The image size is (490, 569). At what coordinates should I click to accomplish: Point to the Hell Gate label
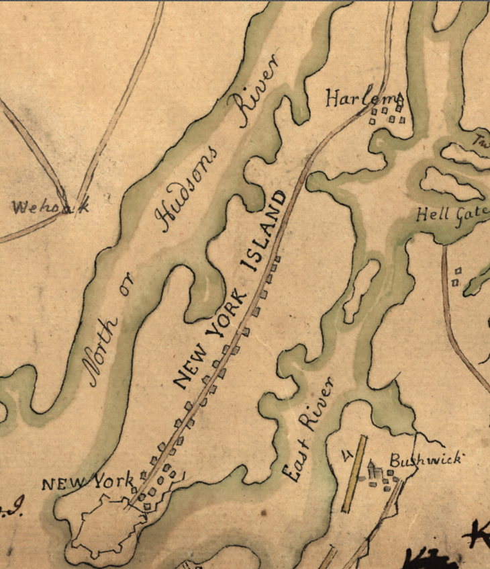pyautogui.click(x=452, y=216)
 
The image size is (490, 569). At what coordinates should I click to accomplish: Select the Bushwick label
pyautogui.click(x=426, y=460)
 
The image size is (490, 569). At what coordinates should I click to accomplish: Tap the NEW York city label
pyautogui.click(x=87, y=483)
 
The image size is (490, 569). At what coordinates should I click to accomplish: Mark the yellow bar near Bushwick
pyautogui.click(x=354, y=473)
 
